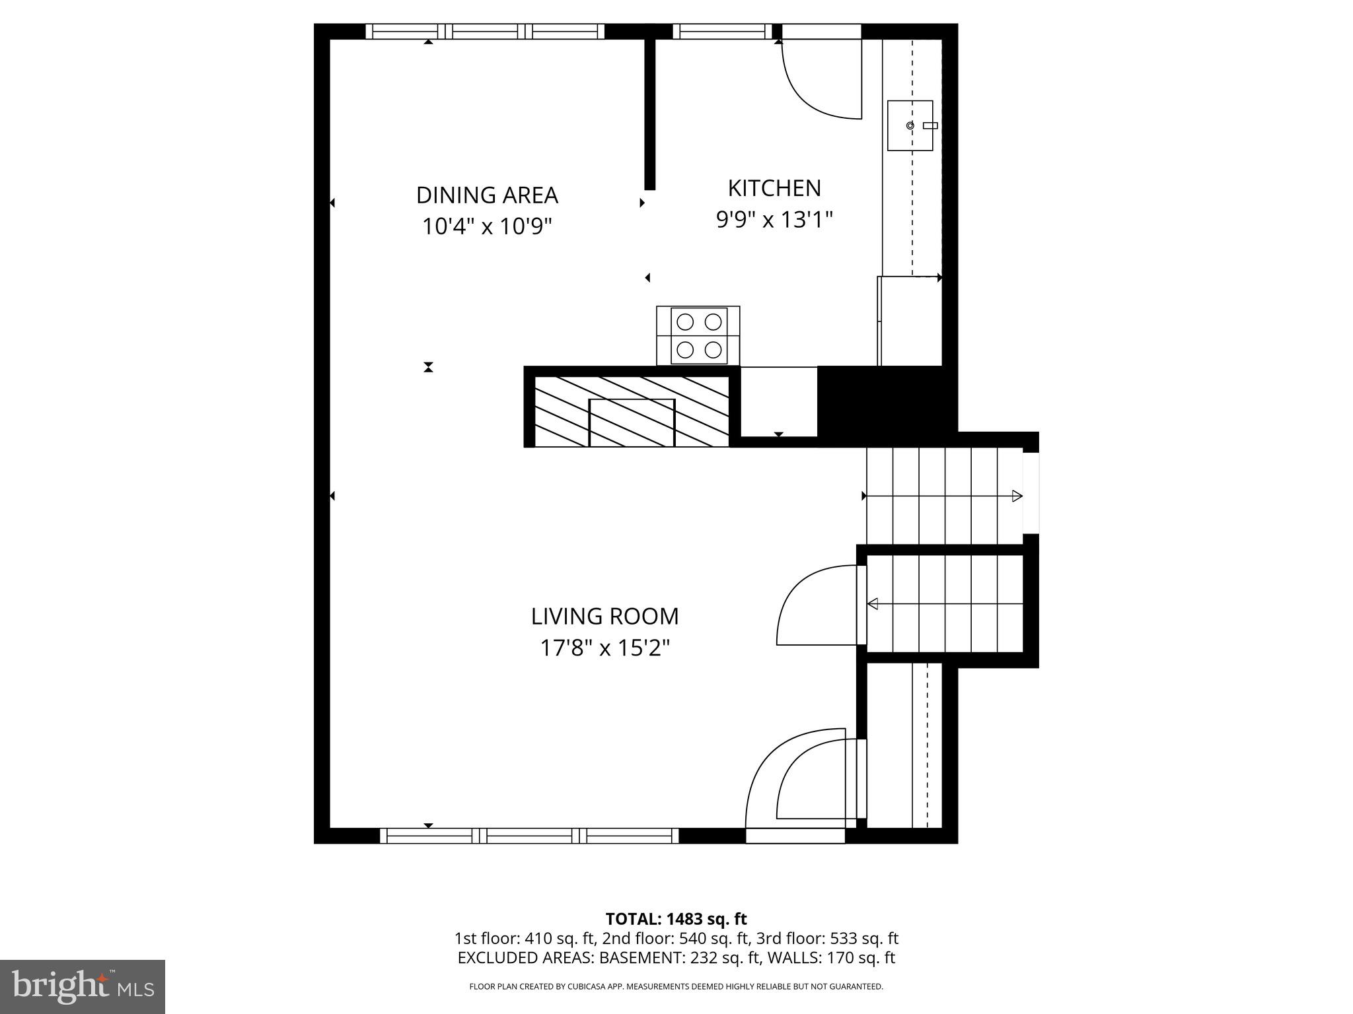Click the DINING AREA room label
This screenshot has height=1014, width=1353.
pos(487,195)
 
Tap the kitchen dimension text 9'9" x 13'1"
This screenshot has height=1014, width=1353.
pos(774,219)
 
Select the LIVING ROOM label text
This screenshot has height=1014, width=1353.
pos(604,617)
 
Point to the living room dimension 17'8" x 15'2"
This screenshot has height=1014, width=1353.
pos(604,648)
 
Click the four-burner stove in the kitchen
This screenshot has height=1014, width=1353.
pos(698,335)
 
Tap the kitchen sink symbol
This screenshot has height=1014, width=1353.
pos(910,125)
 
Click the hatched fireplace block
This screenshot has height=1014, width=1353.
pos(631,411)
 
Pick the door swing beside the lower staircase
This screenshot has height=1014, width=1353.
pos(816,604)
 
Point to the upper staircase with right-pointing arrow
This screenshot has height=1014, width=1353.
pos(945,496)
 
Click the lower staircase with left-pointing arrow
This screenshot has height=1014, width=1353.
pos(945,603)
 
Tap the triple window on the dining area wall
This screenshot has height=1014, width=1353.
pos(485,31)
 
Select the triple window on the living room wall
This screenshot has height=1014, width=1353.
pos(529,836)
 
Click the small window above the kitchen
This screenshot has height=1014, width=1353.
pos(722,31)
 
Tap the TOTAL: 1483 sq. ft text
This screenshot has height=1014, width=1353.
pos(676,919)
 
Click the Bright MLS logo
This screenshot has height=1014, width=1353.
pos(82,986)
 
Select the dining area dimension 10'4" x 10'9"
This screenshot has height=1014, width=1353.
pos(487,227)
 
